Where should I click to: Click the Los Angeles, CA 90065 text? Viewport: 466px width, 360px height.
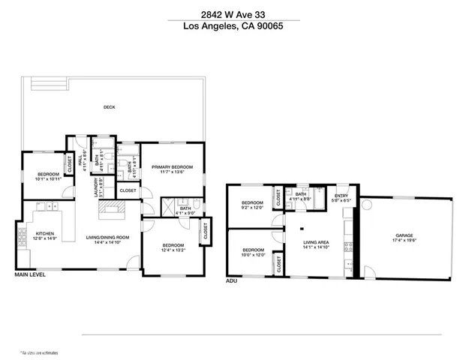click(x=233, y=27)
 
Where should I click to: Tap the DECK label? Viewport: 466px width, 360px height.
click(x=109, y=107)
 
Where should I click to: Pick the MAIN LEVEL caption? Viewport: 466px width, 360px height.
click(x=29, y=275)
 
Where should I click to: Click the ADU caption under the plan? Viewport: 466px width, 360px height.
click(x=231, y=281)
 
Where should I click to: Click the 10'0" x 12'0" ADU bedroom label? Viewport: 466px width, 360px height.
click(x=252, y=253)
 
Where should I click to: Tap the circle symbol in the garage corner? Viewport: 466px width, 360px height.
click(x=368, y=204)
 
